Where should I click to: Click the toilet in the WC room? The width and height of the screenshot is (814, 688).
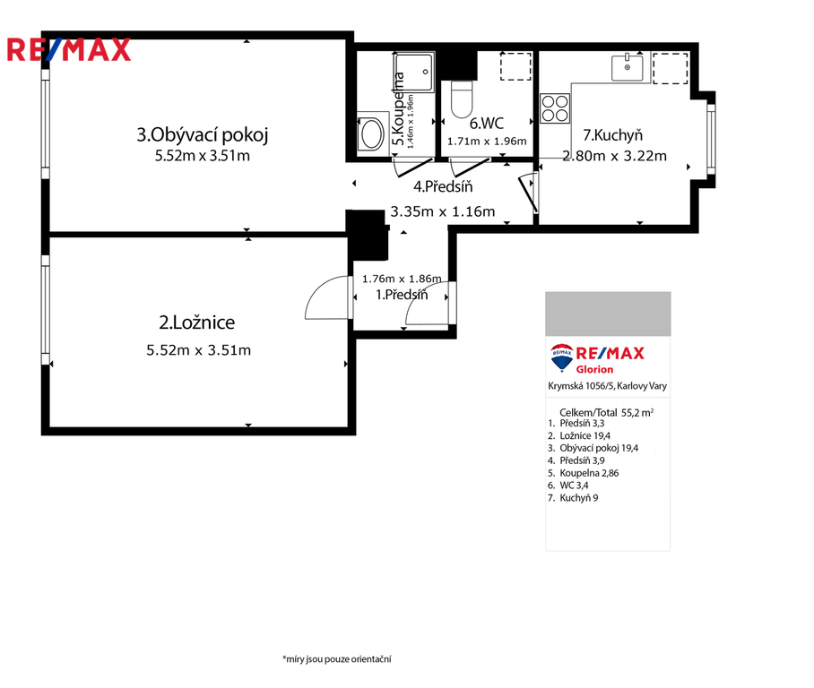[x=462, y=99]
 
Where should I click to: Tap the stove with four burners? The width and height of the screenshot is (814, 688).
[x=555, y=107]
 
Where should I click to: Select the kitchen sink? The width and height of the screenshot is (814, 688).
[x=628, y=67]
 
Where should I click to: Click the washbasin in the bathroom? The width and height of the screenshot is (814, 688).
[x=372, y=134]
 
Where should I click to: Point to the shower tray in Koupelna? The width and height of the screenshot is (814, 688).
[x=414, y=73]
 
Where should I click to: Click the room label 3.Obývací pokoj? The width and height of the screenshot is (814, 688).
[x=203, y=135]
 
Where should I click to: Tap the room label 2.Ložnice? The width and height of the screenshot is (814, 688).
[x=196, y=322]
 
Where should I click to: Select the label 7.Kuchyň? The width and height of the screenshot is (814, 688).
[x=612, y=135]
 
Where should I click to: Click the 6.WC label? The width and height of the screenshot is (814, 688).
[x=487, y=124]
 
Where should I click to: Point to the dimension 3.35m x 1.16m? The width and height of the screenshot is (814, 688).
[x=443, y=211]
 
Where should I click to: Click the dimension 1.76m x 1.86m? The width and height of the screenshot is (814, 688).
[x=402, y=279]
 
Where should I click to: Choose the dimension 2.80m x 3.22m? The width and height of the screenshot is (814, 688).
[x=615, y=156]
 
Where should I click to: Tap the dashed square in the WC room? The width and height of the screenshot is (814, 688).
[x=515, y=66]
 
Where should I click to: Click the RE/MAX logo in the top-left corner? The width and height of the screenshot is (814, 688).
[x=68, y=50]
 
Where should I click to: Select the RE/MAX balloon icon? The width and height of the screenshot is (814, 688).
[x=562, y=357]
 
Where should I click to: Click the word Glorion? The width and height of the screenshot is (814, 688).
[x=594, y=369]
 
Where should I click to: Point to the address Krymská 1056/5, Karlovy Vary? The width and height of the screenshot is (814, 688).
[x=608, y=386]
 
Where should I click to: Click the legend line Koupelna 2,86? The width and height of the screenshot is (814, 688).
[x=584, y=473]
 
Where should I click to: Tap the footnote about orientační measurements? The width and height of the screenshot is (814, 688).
[x=337, y=659]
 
